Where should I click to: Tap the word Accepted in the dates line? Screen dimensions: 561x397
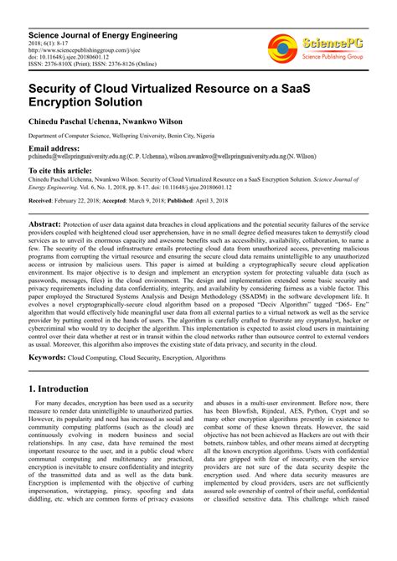142,202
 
